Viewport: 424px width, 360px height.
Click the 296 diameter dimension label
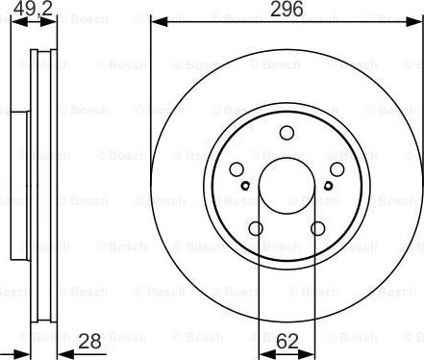[286, 11]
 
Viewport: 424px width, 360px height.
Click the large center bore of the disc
[286, 185]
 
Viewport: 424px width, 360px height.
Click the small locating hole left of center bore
[247, 186]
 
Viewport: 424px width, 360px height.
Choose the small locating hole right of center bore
[325, 186]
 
